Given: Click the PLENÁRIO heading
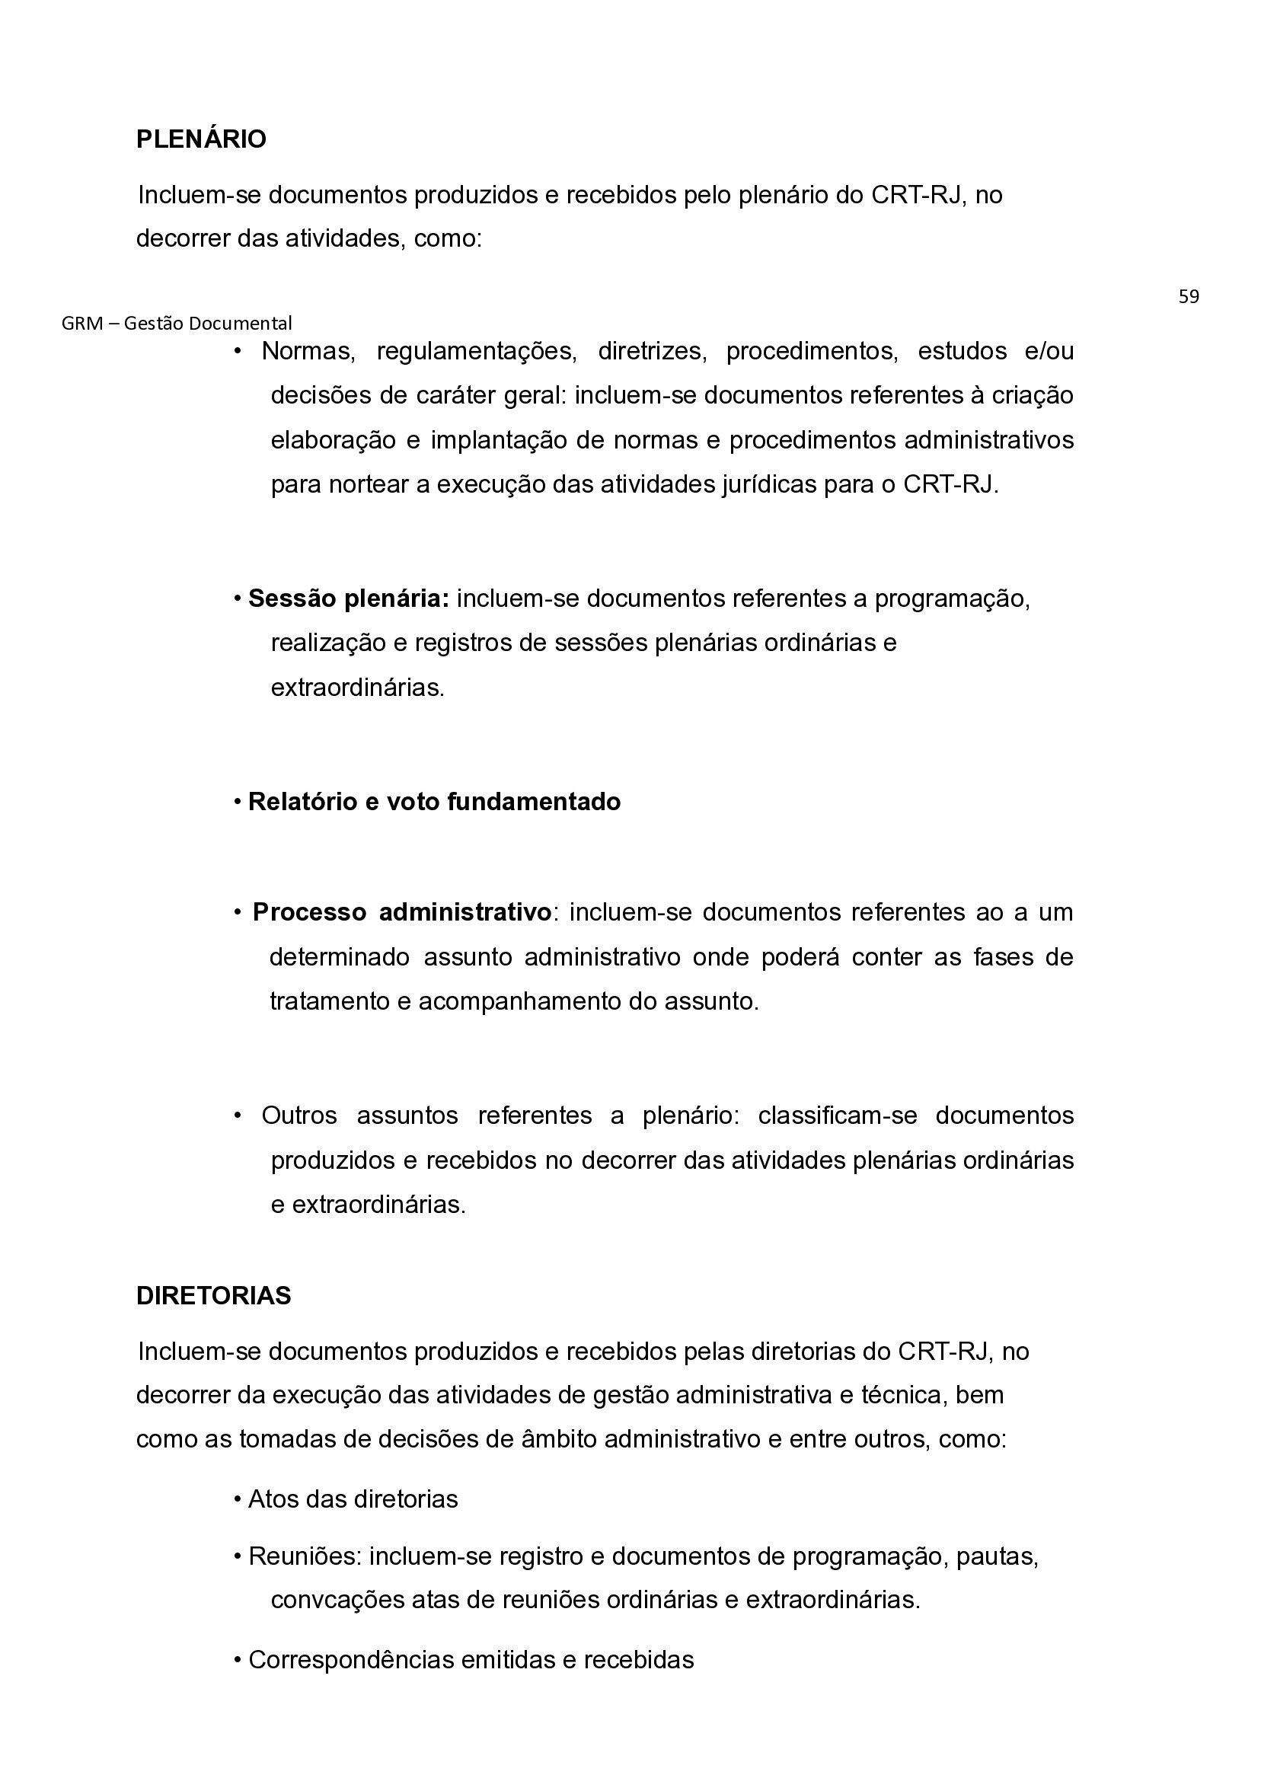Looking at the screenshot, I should tap(201, 140).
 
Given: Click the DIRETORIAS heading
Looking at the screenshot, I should tap(213, 1296).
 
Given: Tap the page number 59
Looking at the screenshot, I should tap(1188, 296).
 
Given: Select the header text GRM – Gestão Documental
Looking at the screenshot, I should tap(177, 323).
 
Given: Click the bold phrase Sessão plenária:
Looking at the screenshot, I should tap(349, 599).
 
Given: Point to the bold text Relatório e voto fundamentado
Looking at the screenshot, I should tap(434, 802).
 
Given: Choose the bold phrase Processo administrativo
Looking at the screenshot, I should tap(402, 912).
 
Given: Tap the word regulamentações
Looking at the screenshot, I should tap(476, 352).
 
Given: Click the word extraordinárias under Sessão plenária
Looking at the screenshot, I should tap(357, 688).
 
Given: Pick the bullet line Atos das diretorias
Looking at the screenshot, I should tap(353, 1499).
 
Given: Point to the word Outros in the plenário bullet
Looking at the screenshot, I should tap(299, 1116).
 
